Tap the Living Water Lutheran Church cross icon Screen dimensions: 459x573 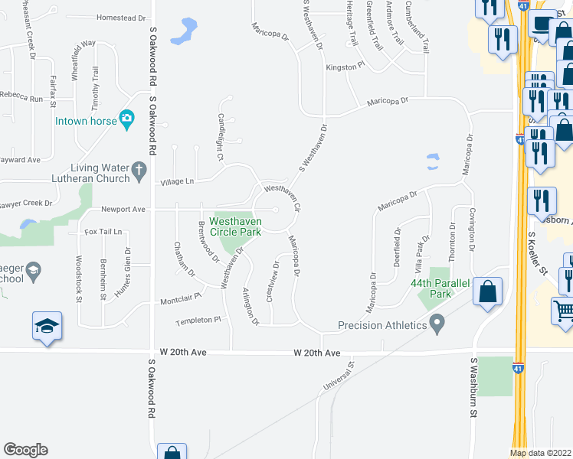(139, 171)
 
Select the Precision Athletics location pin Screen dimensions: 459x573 (437, 325)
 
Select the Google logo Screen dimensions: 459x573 (25, 449)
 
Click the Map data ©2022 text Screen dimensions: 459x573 (541, 453)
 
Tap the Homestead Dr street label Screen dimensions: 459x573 (121, 18)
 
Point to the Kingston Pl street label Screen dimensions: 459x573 (342, 67)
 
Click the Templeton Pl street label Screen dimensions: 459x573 (198, 321)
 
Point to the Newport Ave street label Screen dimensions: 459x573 (123, 209)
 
